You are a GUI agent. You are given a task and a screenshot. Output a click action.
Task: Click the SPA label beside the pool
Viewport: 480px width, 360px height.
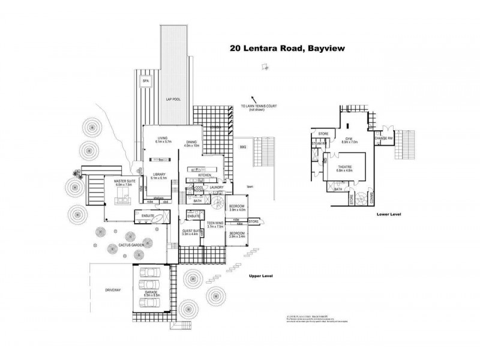tap(145, 80)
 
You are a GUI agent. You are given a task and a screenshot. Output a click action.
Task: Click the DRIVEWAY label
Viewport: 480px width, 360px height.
tap(113, 290)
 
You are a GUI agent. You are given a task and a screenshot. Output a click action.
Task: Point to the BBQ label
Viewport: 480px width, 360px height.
tap(243, 147)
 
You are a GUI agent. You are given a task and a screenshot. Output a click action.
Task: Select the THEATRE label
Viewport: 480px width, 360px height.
tap(344, 167)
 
